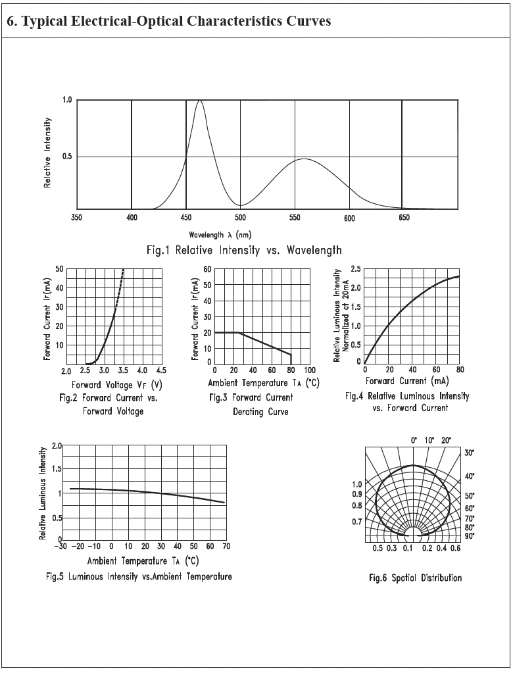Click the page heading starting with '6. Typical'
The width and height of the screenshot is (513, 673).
(168, 21)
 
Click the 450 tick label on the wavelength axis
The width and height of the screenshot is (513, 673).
(186, 218)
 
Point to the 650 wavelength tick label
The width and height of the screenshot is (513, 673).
(404, 218)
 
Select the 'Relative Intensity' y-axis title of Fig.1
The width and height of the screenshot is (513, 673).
(48, 153)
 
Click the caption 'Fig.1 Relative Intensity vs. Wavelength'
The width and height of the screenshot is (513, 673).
(244, 250)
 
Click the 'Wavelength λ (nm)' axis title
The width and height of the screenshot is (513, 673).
(220, 234)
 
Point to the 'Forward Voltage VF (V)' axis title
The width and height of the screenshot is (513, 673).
(117, 385)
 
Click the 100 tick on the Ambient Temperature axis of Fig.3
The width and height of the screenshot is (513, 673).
(310, 371)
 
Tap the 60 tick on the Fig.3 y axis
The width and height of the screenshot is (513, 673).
(207, 269)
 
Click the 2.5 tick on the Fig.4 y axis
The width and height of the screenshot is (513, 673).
(355, 269)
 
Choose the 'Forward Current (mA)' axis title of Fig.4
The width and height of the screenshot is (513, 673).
(407, 381)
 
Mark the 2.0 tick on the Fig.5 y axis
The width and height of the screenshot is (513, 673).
(56, 447)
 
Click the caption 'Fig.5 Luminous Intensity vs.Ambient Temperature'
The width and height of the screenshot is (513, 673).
(139, 577)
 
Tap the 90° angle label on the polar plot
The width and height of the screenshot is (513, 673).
(470, 536)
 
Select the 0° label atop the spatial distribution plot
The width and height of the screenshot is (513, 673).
(414, 439)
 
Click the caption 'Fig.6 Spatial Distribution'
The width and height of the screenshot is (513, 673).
(415, 578)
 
